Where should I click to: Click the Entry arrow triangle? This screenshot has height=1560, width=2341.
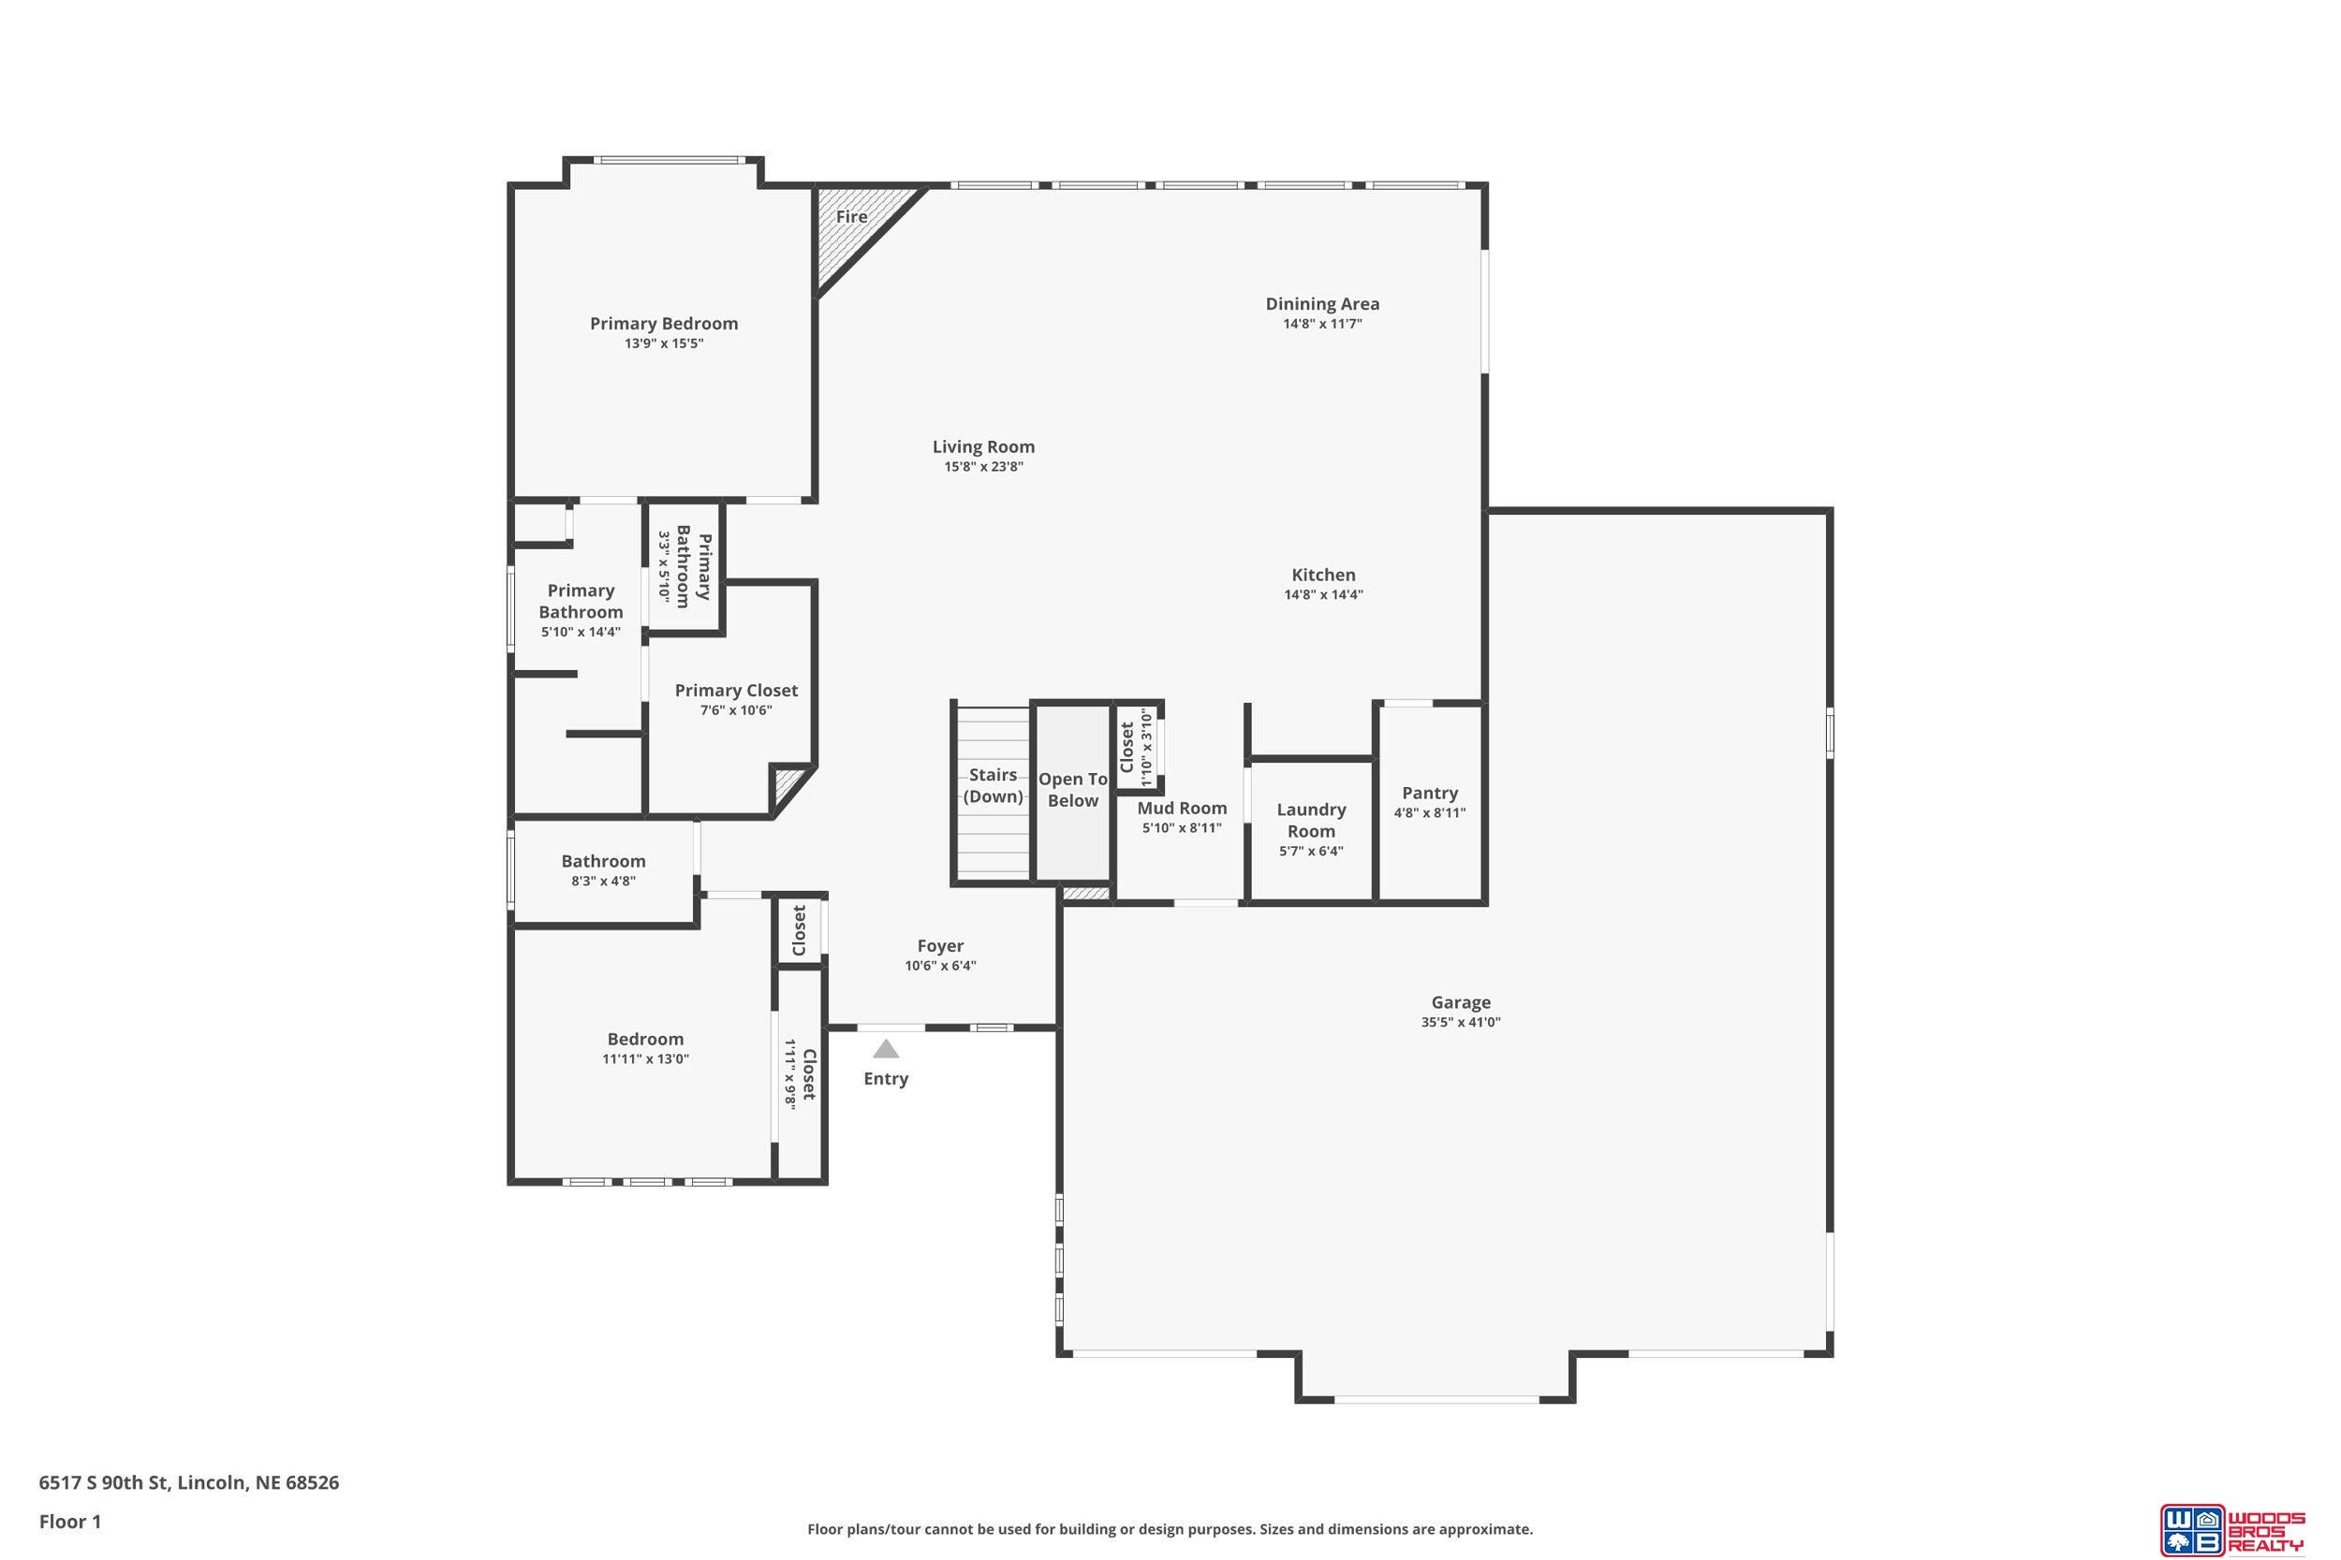coord(886,1049)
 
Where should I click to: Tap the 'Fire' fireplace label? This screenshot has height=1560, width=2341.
coord(851,217)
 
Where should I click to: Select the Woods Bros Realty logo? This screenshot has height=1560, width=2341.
coord(2231,1529)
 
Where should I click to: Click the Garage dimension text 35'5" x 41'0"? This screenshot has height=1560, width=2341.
coord(1461,1022)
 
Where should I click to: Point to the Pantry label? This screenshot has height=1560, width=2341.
coord(1430,793)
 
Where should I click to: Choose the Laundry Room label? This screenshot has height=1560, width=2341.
coord(1311,821)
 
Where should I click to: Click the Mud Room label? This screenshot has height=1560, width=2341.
coord(1183,808)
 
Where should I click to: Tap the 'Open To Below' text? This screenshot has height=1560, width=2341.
coord(1073,790)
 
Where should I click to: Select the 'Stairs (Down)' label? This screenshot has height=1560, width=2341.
coord(994,785)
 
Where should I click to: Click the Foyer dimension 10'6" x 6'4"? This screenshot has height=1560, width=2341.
coord(940,965)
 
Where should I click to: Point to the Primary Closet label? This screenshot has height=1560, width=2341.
coord(737,691)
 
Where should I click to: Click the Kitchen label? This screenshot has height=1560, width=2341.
coord(1324,574)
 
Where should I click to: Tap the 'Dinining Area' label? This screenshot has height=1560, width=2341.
coord(1323,303)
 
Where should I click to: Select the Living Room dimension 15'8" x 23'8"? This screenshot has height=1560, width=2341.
coord(984,467)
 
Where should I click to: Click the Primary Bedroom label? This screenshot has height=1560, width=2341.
coord(664,324)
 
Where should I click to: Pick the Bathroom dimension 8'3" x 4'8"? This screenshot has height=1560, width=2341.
coord(603,881)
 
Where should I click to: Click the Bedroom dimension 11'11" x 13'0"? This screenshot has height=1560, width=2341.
coord(646,1058)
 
